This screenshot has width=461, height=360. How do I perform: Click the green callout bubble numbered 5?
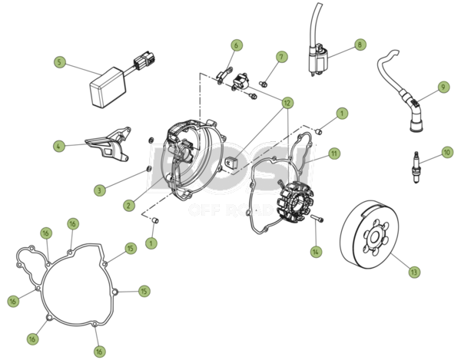click(60, 62)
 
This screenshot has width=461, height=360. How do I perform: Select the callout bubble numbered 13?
click(414, 272)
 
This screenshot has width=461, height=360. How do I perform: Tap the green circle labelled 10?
click(447, 153)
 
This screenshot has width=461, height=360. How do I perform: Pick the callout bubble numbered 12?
click(287, 103)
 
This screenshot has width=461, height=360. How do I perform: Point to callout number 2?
click(129, 205)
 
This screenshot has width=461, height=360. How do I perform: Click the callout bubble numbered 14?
click(316, 252)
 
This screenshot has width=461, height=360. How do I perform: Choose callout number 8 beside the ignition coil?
click(360, 45)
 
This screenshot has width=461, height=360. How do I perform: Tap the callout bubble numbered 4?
click(59, 146)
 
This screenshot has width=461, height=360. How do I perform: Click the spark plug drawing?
click(416, 167)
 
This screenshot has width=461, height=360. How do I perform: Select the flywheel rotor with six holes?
click(370, 235)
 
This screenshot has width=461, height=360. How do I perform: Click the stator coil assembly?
click(295, 201)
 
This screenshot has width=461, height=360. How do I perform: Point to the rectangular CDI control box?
click(108, 88)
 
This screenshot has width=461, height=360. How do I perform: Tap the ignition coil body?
click(318, 59)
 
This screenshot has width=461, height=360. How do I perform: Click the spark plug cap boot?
click(416, 117)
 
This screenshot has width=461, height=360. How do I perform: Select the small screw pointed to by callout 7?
click(263, 84)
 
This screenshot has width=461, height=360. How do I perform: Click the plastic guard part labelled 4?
click(108, 144)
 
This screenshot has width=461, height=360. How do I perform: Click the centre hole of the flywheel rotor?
click(374, 238)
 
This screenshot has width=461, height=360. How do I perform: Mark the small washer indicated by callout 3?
click(149, 169)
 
